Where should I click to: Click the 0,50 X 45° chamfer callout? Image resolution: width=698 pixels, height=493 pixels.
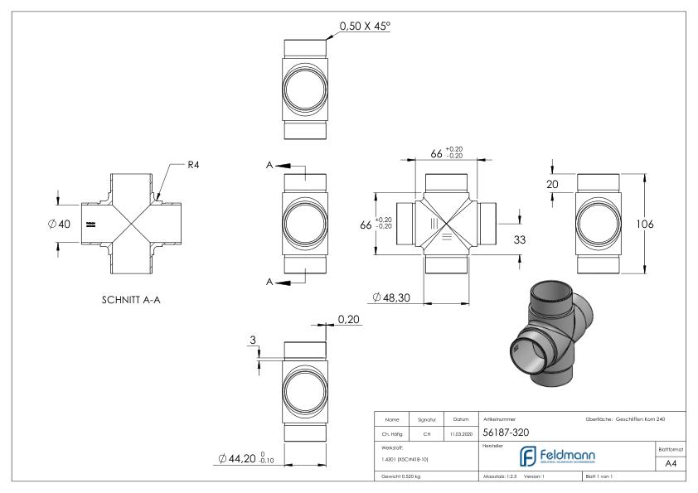tap(365, 27)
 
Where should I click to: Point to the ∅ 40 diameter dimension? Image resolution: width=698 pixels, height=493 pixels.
tap(60, 224)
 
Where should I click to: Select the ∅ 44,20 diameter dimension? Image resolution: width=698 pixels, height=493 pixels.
tap(248, 457)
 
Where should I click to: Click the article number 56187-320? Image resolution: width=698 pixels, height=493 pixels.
tap(505, 433)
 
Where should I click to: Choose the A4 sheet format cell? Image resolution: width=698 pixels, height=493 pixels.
tap(673, 465)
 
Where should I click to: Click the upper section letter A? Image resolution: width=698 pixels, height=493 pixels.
tap(270, 166)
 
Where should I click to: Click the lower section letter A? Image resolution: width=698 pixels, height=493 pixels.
tap(270, 283)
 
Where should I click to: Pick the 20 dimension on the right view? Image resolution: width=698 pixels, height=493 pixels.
tap(552, 185)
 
